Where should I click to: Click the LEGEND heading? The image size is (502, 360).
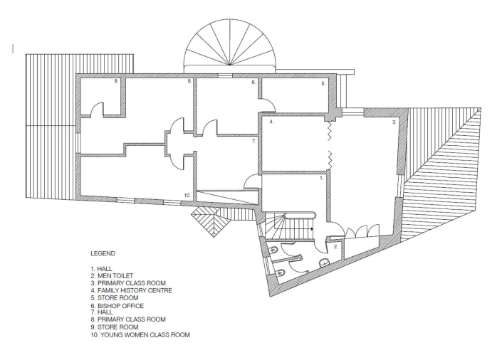point(103,253)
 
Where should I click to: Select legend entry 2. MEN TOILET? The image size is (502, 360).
point(112,275)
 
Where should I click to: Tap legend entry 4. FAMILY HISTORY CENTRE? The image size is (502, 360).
point(131,290)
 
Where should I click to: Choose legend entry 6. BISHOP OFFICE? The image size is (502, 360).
point(117,306)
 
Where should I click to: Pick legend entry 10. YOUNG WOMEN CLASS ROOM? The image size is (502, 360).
point(140,334)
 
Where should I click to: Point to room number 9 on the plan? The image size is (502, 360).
point(116,81)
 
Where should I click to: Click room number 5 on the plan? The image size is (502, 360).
point(323,84)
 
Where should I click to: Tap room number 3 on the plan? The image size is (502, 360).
point(394,122)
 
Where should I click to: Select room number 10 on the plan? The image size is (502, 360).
point(187,195)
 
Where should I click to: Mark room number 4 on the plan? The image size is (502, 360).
point(271,122)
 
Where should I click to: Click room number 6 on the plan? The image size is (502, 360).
point(253,83)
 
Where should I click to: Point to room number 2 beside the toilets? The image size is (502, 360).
point(336,247)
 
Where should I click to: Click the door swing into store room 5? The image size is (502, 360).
point(268,103)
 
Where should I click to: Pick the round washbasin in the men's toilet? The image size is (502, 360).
point(324,263)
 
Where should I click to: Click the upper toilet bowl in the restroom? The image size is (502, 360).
point(273,249)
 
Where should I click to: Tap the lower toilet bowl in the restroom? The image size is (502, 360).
point(280,272)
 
